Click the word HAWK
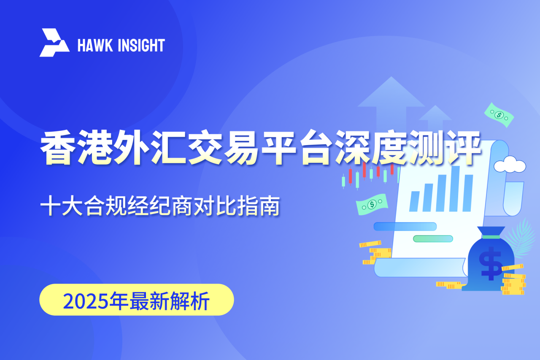tap(95, 45)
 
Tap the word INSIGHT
tap(141, 45)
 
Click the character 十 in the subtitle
tap(50, 206)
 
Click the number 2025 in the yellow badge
tap(85, 301)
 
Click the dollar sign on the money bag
tap(491, 263)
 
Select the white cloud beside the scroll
tap(510, 165)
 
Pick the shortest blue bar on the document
tap(414, 201)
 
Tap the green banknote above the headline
tap(499, 115)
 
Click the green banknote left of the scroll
tap(372, 204)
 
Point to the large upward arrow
tap(391, 104)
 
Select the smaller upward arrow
tap(435, 118)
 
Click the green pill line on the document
tap(433, 239)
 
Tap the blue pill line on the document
tap(405, 227)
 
